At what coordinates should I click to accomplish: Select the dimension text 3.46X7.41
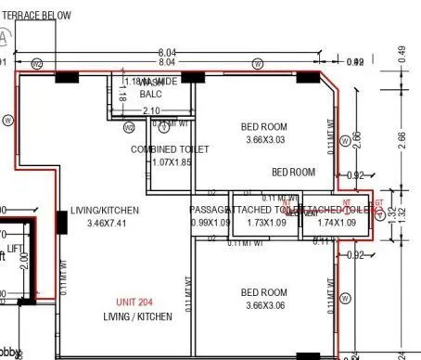click(x=105, y=224)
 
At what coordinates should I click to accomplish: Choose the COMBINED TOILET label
click(x=170, y=149)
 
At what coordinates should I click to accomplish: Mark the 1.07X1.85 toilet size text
click(x=171, y=162)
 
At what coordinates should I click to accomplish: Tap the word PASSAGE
click(x=208, y=211)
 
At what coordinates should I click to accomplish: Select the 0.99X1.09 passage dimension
click(x=210, y=224)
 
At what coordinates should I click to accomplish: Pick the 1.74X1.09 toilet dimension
click(x=336, y=224)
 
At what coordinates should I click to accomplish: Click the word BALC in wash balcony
click(x=150, y=95)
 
